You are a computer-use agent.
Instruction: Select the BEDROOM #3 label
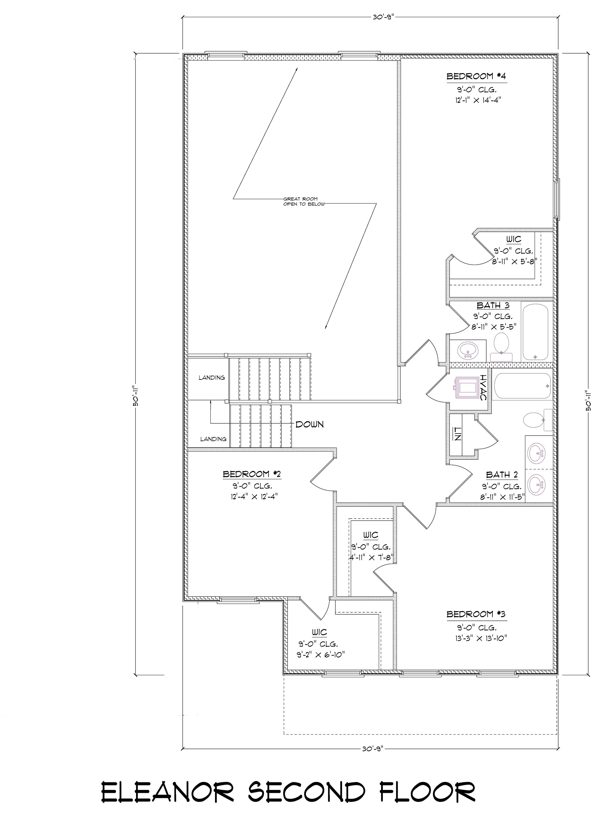coord(476,614)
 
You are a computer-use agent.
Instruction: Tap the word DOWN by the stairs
coord(309,424)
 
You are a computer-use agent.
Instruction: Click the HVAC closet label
coord(482,388)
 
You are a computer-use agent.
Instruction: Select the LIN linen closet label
coord(457,434)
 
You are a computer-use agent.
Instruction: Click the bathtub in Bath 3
coord(535,332)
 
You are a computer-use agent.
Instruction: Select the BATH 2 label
coord(502,475)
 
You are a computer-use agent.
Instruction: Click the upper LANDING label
coord(212,378)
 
